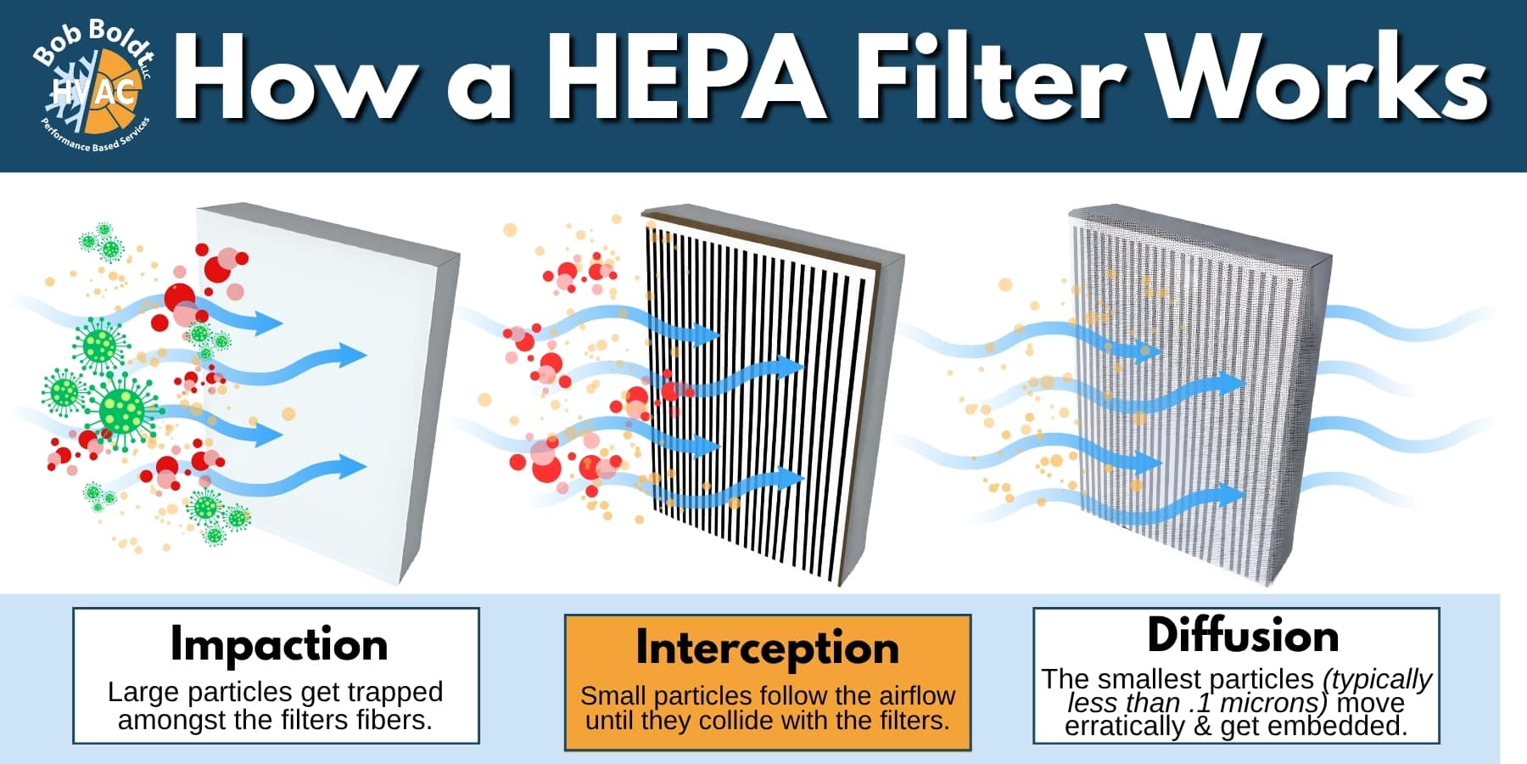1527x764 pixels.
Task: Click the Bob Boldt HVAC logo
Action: pyautogui.click(x=93, y=85)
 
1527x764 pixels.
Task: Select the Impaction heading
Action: pyautogui.click(x=279, y=645)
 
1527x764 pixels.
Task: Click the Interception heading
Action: pyautogui.click(x=768, y=648)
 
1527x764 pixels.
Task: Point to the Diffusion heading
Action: pyautogui.click(x=1243, y=635)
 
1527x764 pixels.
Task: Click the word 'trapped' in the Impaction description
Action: pyautogui.click(x=394, y=693)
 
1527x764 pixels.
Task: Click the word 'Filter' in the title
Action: pyautogui.click(x=985, y=78)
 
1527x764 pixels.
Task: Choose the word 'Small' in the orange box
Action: pyautogui.click(x=613, y=695)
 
